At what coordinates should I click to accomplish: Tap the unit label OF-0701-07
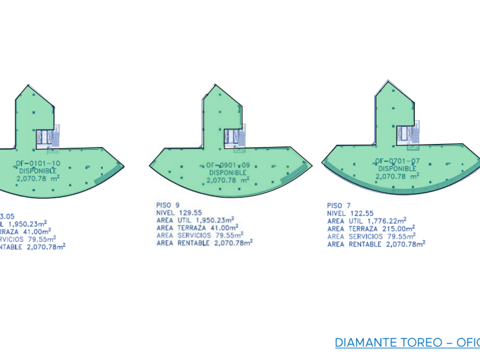398,161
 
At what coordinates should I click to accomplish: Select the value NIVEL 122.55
350,213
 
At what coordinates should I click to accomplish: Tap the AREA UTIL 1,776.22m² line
366,221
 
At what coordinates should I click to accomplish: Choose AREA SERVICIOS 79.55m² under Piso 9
199,235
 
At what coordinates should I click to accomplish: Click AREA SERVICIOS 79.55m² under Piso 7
370,236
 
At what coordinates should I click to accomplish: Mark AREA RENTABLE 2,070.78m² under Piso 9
204,242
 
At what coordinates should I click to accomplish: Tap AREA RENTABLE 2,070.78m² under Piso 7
376,244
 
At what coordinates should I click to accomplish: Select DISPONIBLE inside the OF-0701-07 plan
398,169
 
